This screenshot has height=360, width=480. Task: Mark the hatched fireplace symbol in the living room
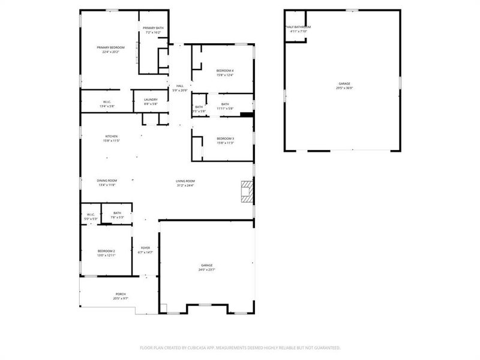coord(247,191)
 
